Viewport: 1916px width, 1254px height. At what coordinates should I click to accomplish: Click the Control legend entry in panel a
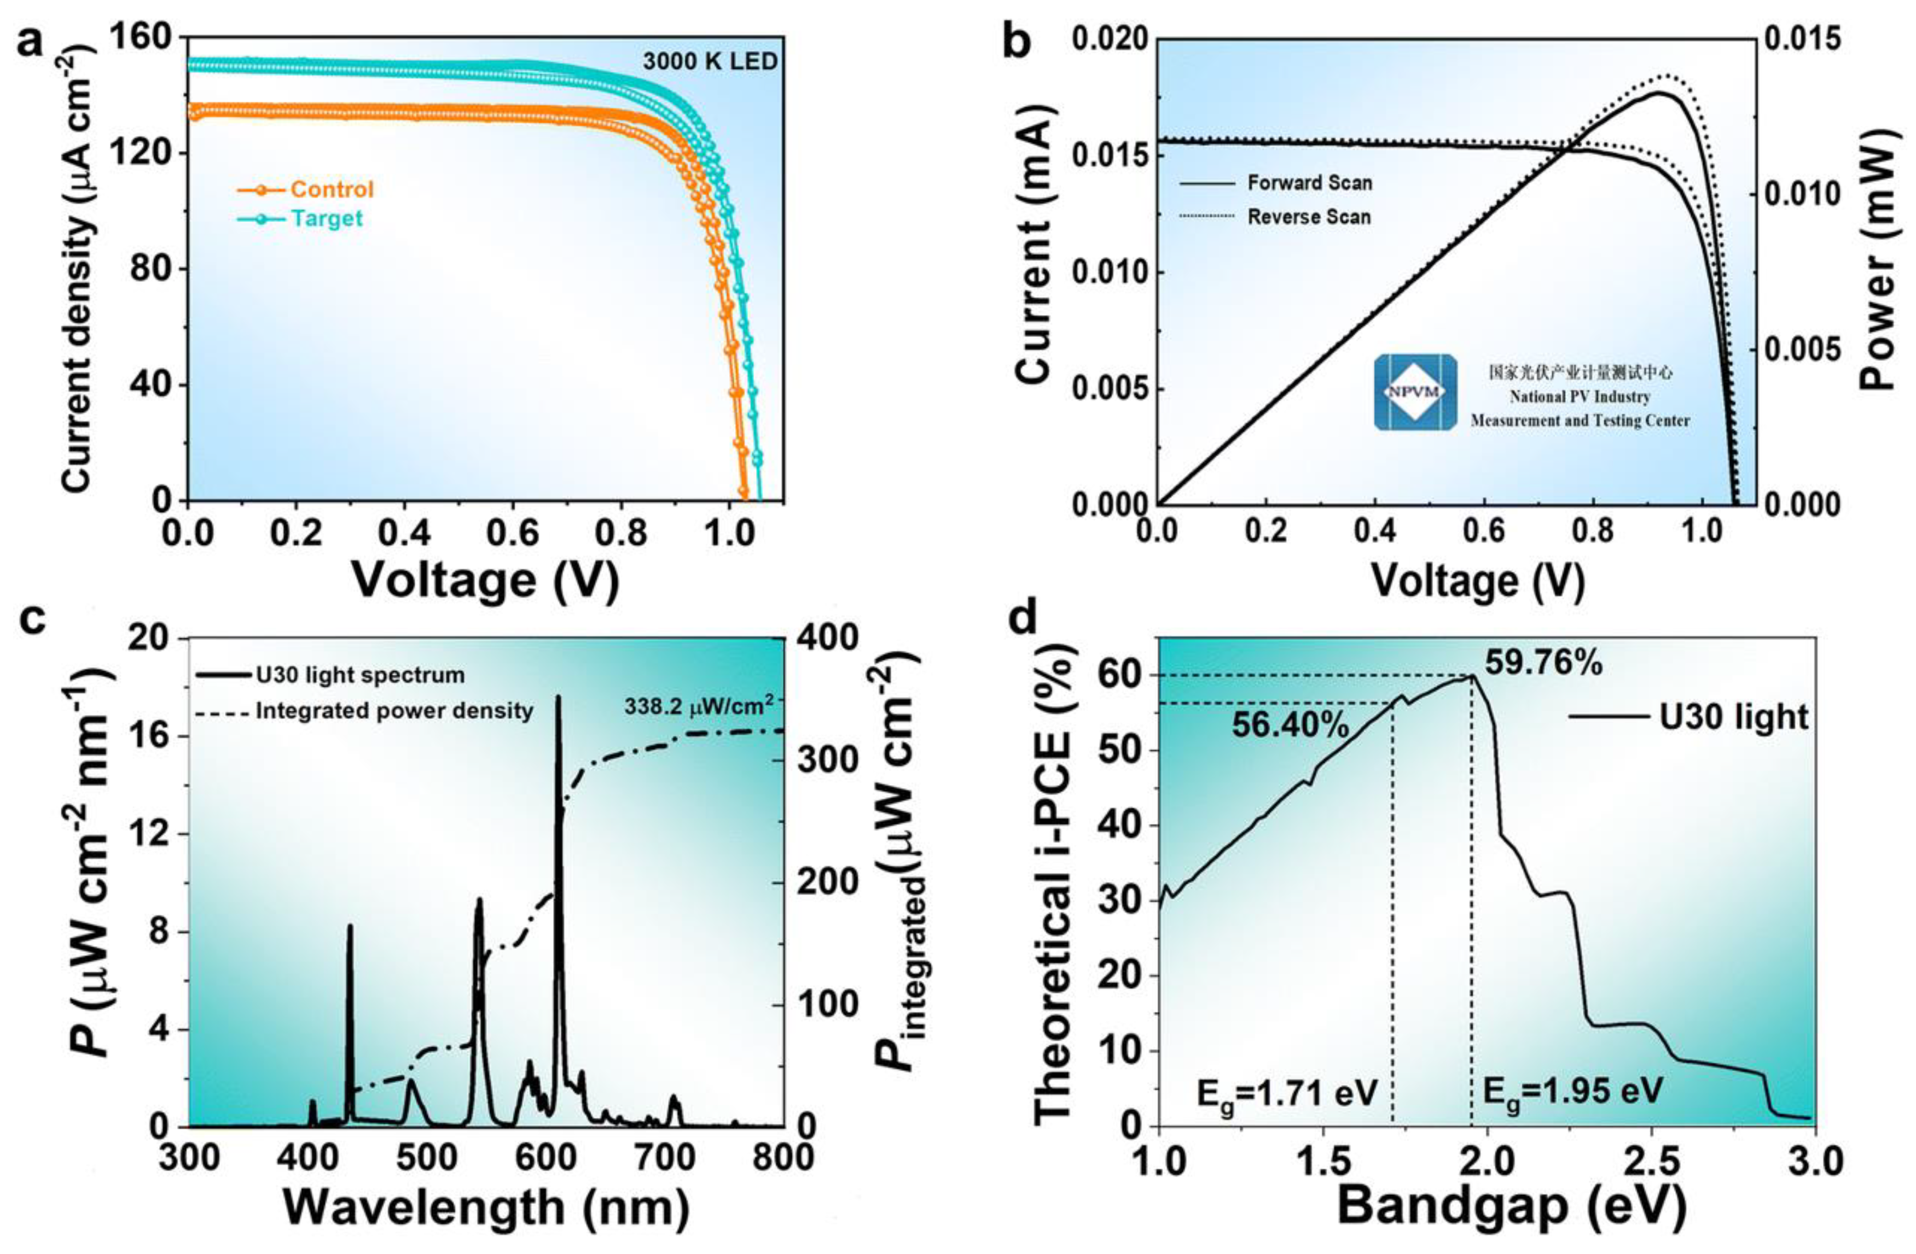[331, 189]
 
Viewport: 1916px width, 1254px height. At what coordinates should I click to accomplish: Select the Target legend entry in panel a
[326, 218]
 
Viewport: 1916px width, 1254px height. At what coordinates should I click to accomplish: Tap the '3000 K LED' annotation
[710, 61]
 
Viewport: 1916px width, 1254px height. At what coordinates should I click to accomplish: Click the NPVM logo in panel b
[1414, 392]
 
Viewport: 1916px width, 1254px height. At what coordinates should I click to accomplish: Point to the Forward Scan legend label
[1309, 183]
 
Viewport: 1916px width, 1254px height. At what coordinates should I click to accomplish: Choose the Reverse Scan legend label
[1309, 217]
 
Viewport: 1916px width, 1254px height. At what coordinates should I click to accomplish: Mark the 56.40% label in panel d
[1290, 725]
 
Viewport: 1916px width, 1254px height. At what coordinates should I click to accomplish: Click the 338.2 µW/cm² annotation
[699, 707]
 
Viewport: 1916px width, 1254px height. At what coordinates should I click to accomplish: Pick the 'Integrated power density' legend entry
[394, 711]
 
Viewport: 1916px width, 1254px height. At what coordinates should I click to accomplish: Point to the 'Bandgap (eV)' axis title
[1510, 1207]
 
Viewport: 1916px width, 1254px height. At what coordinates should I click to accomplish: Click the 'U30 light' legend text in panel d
[1733, 716]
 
